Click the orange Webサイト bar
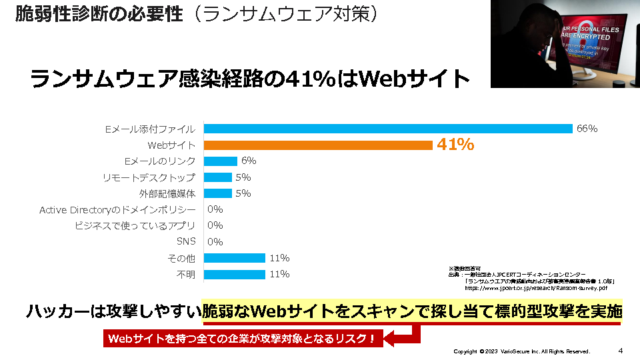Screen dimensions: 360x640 pos(318,145)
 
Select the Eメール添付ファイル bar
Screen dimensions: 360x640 pos(388,129)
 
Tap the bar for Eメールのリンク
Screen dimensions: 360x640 pos(220,161)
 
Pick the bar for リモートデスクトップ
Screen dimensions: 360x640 pos(217,177)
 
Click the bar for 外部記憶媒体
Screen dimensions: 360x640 pos(217,193)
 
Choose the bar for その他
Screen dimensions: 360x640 pos(234,258)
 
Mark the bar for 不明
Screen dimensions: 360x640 pos(234,274)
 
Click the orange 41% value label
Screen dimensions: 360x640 pos(455,145)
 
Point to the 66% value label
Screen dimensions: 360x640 pos(587,129)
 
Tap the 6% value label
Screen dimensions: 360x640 pos(249,161)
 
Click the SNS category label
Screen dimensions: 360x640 pos(186,242)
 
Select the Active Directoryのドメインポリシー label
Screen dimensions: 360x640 pos(117,210)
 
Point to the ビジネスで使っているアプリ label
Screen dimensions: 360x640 pos(135,226)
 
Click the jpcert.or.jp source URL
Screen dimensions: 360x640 pos(536,289)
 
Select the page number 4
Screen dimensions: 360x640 pos(620,351)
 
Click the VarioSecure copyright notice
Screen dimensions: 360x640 pos(521,351)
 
